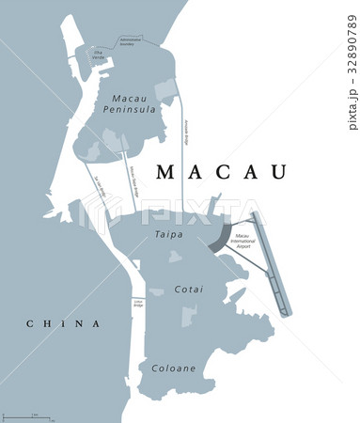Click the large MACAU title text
(220, 171)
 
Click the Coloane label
(173, 368)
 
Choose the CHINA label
(62, 323)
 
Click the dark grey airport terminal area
(219, 235)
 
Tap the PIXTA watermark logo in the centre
(179, 214)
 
